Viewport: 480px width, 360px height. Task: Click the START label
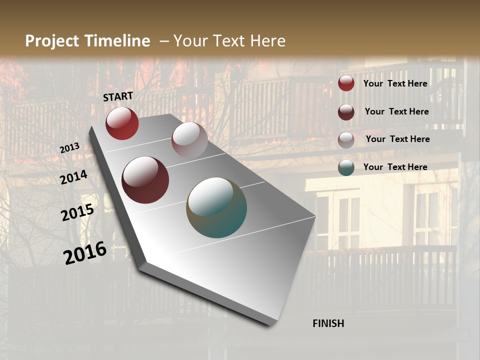coord(118,96)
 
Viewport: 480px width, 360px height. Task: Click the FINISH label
coord(328,323)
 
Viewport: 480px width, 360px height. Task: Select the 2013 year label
coord(69,148)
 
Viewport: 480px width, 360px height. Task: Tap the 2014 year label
coord(73,177)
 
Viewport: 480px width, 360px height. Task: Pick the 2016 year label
coord(85,253)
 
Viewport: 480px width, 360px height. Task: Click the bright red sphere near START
coord(122,123)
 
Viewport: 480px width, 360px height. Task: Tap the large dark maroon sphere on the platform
coord(145,180)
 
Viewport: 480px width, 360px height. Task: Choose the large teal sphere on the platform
coord(216,207)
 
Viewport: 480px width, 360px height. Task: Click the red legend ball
coord(346,83)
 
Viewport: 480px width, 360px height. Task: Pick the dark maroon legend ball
coord(346,112)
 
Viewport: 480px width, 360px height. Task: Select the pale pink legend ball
coord(346,140)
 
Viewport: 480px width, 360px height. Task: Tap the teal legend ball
coord(346,167)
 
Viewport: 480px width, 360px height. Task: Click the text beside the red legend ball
coord(395,83)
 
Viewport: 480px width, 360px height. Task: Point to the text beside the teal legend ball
coord(395,167)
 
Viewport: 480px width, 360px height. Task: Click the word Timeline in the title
coord(117,41)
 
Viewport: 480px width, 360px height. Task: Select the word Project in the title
coord(52,41)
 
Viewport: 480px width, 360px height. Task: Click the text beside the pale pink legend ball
coord(397,139)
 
